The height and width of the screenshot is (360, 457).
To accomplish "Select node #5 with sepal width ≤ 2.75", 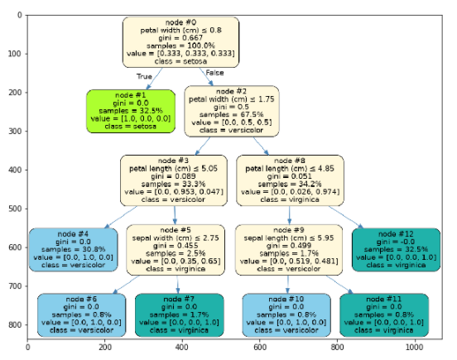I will [175, 250].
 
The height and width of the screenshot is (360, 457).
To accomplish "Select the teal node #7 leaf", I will [180, 314].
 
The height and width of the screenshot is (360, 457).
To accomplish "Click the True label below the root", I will [144, 75].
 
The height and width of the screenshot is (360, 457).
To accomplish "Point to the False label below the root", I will [214, 74].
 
